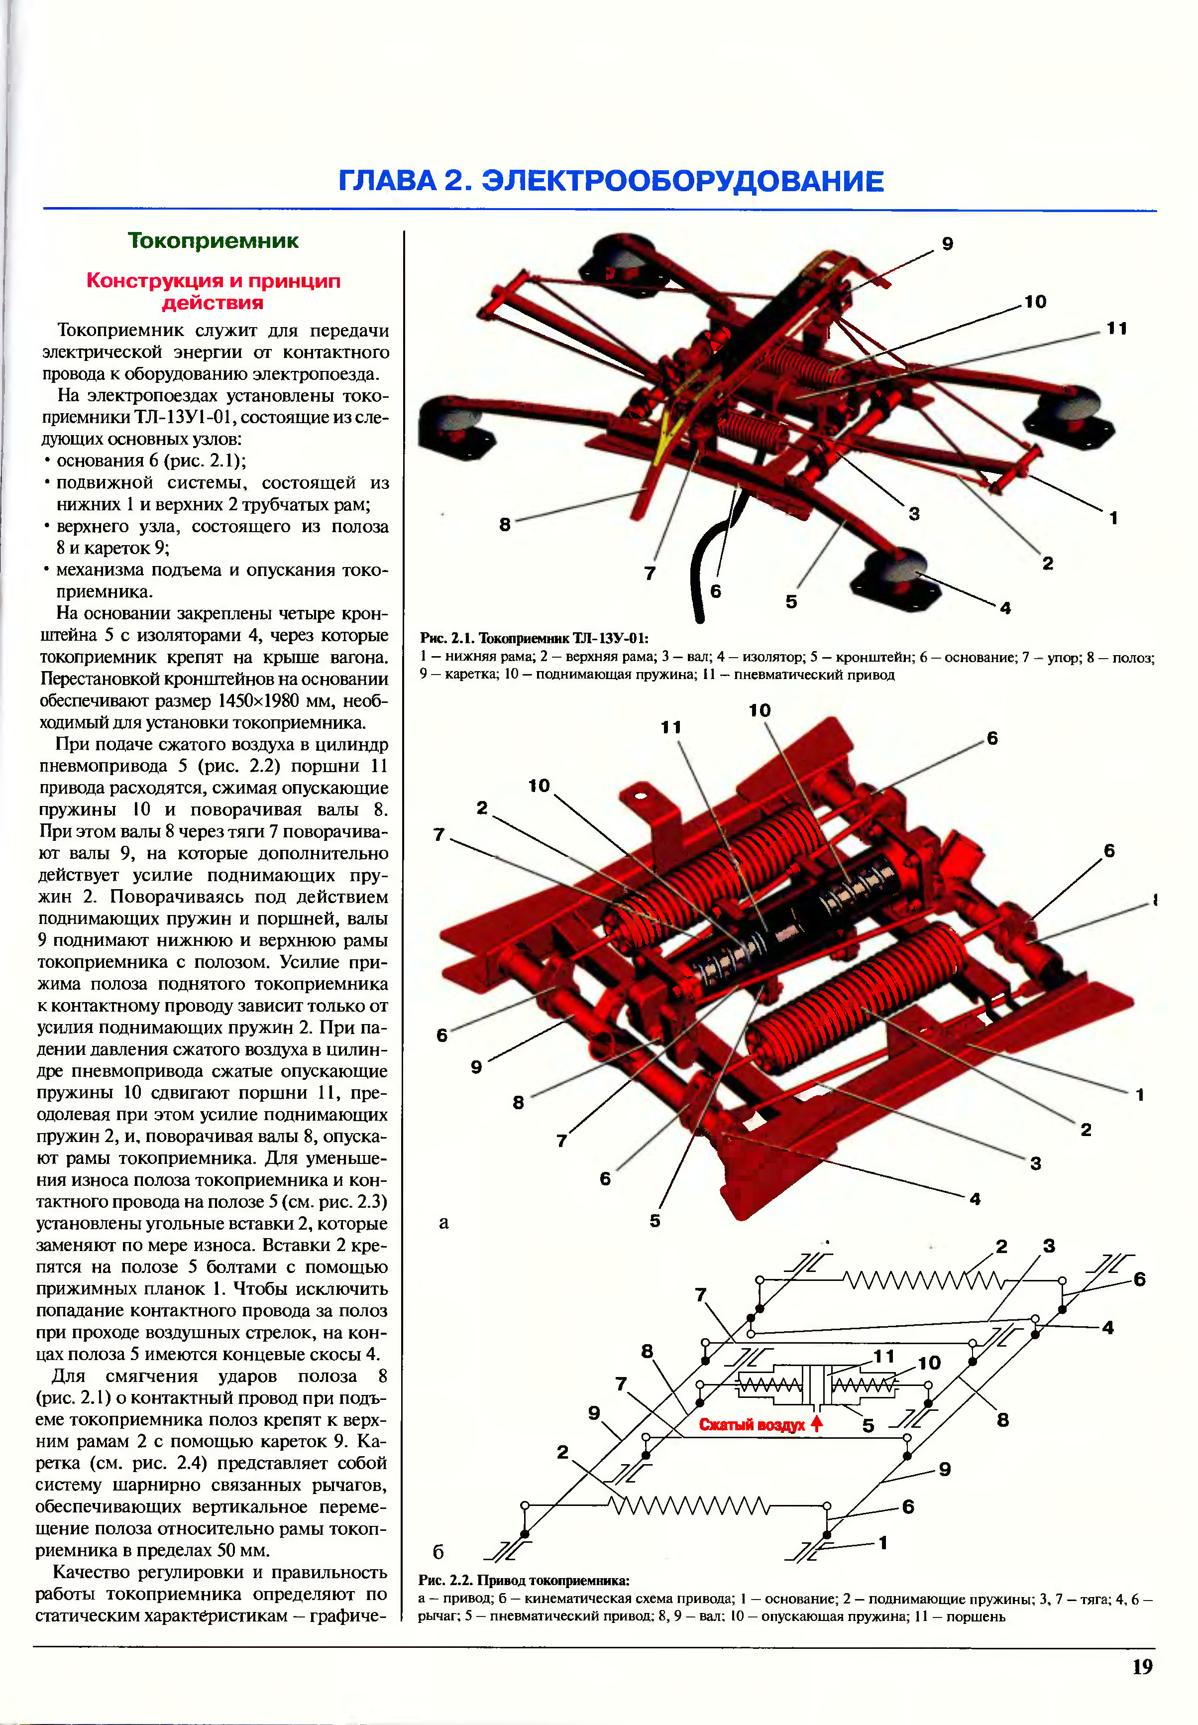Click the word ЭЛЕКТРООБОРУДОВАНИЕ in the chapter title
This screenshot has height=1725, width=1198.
point(682,181)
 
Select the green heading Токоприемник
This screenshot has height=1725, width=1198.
point(213,241)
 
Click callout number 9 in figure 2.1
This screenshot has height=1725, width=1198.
point(947,244)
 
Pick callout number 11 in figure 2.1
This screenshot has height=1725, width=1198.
point(1117,329)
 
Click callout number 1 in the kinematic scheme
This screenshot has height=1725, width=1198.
point(883,1543)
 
